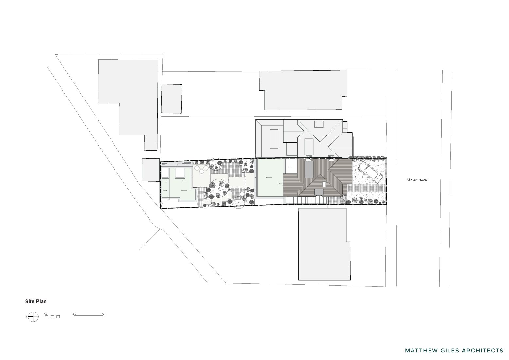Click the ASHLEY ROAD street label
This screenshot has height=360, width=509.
[416, 180]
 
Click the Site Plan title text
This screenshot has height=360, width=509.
[36, 301]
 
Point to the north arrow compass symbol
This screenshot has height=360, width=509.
[33, 316]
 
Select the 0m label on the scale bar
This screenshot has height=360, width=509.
[46, 314]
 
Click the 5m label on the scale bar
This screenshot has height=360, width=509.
[74, 314]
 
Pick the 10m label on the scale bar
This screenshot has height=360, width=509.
[103, 314]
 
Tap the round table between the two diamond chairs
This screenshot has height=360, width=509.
[202, 172]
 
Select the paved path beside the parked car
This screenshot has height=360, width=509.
[366, 188]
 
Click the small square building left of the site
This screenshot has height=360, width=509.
[151, 170]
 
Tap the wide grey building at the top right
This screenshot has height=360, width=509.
[303, 90]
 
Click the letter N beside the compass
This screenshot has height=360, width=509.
[26, 317]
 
